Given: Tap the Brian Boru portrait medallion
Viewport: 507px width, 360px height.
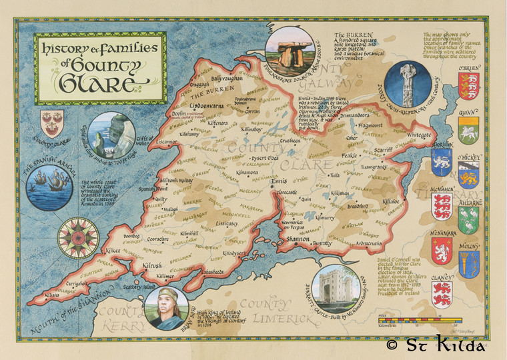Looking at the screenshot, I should pos(167,309).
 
